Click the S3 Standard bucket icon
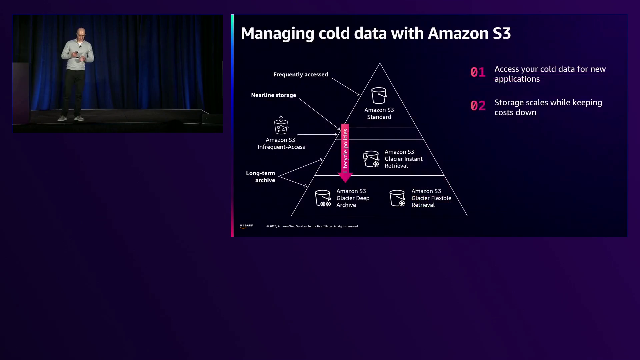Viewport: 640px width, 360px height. [379, 96]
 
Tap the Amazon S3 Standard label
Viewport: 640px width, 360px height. [379, 113]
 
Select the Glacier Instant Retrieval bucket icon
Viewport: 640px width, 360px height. [371, 159]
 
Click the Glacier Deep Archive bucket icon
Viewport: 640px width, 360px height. [323, 198]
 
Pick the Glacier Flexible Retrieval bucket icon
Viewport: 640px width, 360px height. [397, 198]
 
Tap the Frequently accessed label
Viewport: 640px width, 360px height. [301, 74]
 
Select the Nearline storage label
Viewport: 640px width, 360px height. [273, 95]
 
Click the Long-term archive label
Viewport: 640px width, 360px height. [261, 177]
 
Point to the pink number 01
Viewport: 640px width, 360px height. [478, 72]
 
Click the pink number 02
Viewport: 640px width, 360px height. [478, 106]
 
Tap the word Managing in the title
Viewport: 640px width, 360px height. [277, 34]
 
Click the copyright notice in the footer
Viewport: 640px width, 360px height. [312, 226]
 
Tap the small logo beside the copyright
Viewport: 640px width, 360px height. [246, 226]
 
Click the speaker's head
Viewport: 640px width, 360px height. [81, 33]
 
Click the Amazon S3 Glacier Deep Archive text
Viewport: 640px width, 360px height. [353, 198]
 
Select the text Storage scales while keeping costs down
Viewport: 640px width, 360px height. [548, 107]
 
